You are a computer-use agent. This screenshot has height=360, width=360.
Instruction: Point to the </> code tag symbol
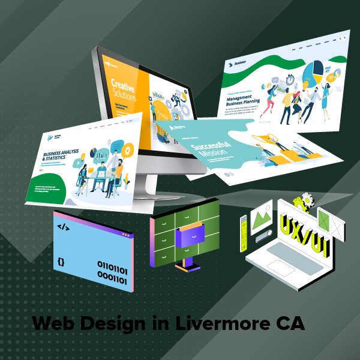pyautogui.click(x=62, y=227)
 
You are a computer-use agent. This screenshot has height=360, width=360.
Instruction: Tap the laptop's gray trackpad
pyautogui.click(x=292, y=266)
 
